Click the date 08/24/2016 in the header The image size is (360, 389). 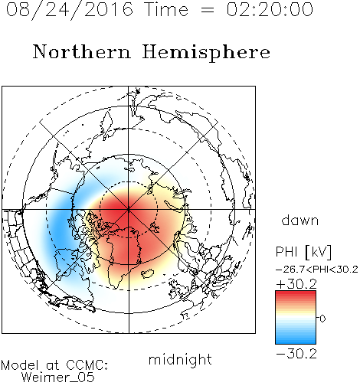[70, 10]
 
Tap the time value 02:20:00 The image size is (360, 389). [270, 9]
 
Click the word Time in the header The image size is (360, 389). [166, 9]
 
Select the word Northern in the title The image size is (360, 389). [81, 51]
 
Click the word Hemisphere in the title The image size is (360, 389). [206, 53]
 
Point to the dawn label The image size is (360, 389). [300, 220]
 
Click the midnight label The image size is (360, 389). [180, 359]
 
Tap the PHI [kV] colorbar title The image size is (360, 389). [303, 252]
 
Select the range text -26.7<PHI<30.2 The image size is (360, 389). [317, 270]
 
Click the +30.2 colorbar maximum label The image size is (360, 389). [296, 284]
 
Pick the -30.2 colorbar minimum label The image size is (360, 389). [296, 354]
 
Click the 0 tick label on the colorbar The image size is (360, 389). [322, 319]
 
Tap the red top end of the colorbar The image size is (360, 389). [296, 293]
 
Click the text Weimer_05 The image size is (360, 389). [58, 378]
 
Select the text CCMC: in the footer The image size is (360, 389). [87, 365]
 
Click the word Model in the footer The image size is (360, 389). [20, 365]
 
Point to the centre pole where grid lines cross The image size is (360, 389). [129, 210]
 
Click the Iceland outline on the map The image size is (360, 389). [148, 273]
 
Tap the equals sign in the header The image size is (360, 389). [208, 11]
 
